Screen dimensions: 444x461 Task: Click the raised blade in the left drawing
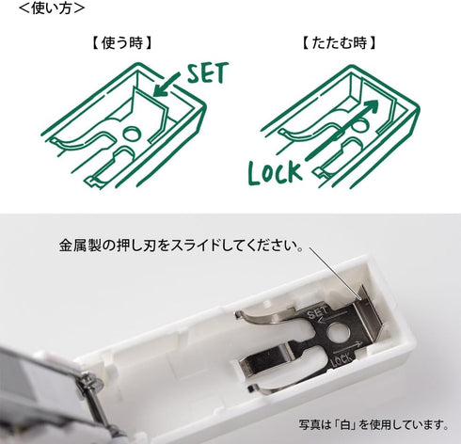click(138, 101)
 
